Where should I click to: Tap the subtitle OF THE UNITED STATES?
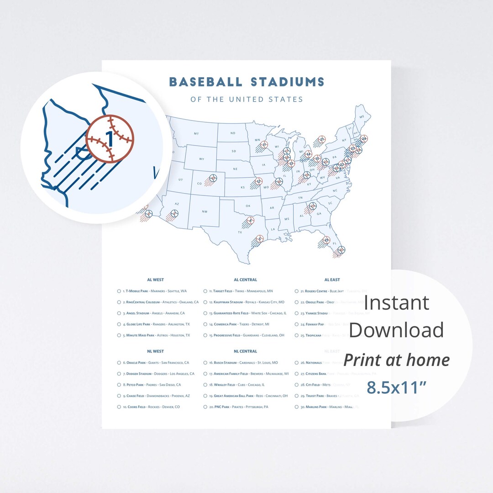tap(246, 99)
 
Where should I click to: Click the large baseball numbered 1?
tap(110, 139)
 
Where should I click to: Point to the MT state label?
tap(196, 133)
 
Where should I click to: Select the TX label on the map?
tap(240, 232)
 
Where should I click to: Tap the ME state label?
tap(362, 117)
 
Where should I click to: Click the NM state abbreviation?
tap(204, 211)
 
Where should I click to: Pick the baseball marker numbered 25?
tap(326, 240)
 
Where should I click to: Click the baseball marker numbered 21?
tap(322, 139)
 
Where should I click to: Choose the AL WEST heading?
tap(155, 280)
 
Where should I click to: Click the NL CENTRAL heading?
tap(245, 351)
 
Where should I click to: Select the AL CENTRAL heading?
tap(245, 280)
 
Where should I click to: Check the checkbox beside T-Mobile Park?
tap(119, 291)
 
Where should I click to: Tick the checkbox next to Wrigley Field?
tap(206, 385)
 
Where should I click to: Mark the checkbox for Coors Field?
tap(119, 407)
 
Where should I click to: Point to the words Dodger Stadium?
tap(139, 374)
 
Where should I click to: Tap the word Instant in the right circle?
tap(397, 302)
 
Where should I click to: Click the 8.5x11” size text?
tap(397, 388)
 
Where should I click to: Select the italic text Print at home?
tap(397, 360)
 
